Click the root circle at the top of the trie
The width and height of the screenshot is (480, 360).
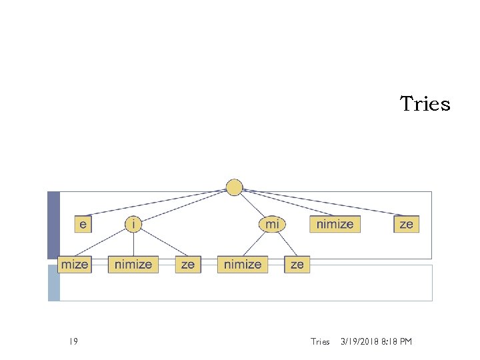(234, 187)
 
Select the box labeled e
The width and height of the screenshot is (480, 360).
(83, 224)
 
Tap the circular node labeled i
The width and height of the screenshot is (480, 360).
(133, 224)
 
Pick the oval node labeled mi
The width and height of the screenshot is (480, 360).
(272, 224)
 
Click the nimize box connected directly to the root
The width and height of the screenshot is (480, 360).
(335, 224)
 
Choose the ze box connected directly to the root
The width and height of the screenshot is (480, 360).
(406, 224)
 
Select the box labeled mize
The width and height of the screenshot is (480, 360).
(74, 265)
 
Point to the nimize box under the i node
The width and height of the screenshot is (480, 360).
(133, 265)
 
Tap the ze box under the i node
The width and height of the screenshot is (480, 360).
(188, 265)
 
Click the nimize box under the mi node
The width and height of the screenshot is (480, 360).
(243, 265)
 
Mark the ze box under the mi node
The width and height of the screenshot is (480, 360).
(297, 265)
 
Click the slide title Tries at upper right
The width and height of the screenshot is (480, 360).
(425, 104)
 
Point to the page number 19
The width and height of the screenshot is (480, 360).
(73, 342)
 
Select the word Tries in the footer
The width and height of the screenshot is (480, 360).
(320, 342)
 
